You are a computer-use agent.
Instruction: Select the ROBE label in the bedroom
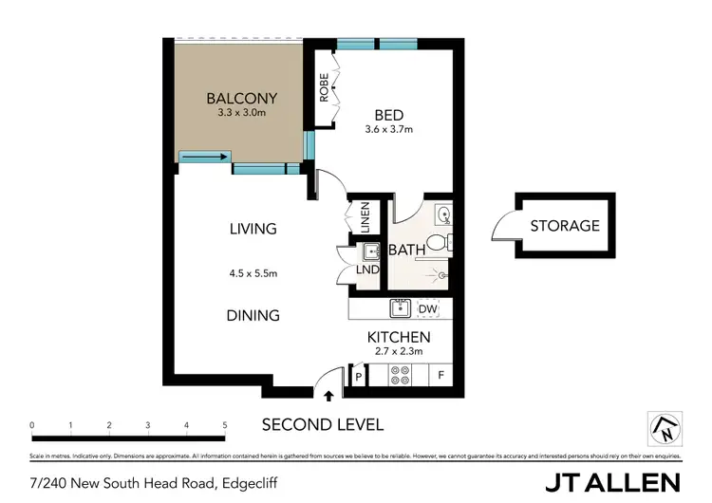click(324, 88)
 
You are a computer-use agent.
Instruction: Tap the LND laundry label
click(368, 270)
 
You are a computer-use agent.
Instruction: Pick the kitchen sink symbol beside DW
click(400, 307)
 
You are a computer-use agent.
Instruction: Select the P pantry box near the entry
click(358, 376)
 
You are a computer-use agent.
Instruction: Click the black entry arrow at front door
click(329, 397)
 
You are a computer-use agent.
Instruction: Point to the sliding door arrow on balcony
click(204, 158)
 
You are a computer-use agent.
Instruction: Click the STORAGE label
click(565, 226)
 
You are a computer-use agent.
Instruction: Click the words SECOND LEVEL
click(323, 424)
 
